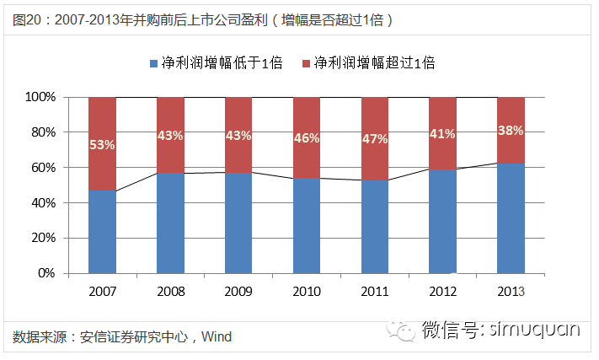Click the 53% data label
click(102, 145)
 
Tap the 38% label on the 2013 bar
click(511, 131)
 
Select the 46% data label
click(307, 138)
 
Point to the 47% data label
click(375, 139)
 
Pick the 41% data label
click(442, 134)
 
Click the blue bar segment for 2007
click(102, 232)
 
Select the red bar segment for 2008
click(170, 135)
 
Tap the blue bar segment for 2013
click(511, 218)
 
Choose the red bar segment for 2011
click(375, 139)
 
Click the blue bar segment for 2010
click(307, 225)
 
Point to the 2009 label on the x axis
click(238, 292)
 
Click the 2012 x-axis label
click(443, 292)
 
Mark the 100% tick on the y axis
click(40, 97)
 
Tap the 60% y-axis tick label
click(44, 168)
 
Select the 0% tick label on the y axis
click(46, 273)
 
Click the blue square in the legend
click(153, 63)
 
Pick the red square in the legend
click(306, 63)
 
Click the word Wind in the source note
click(217, 336)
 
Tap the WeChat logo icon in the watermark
click(400, 330)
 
